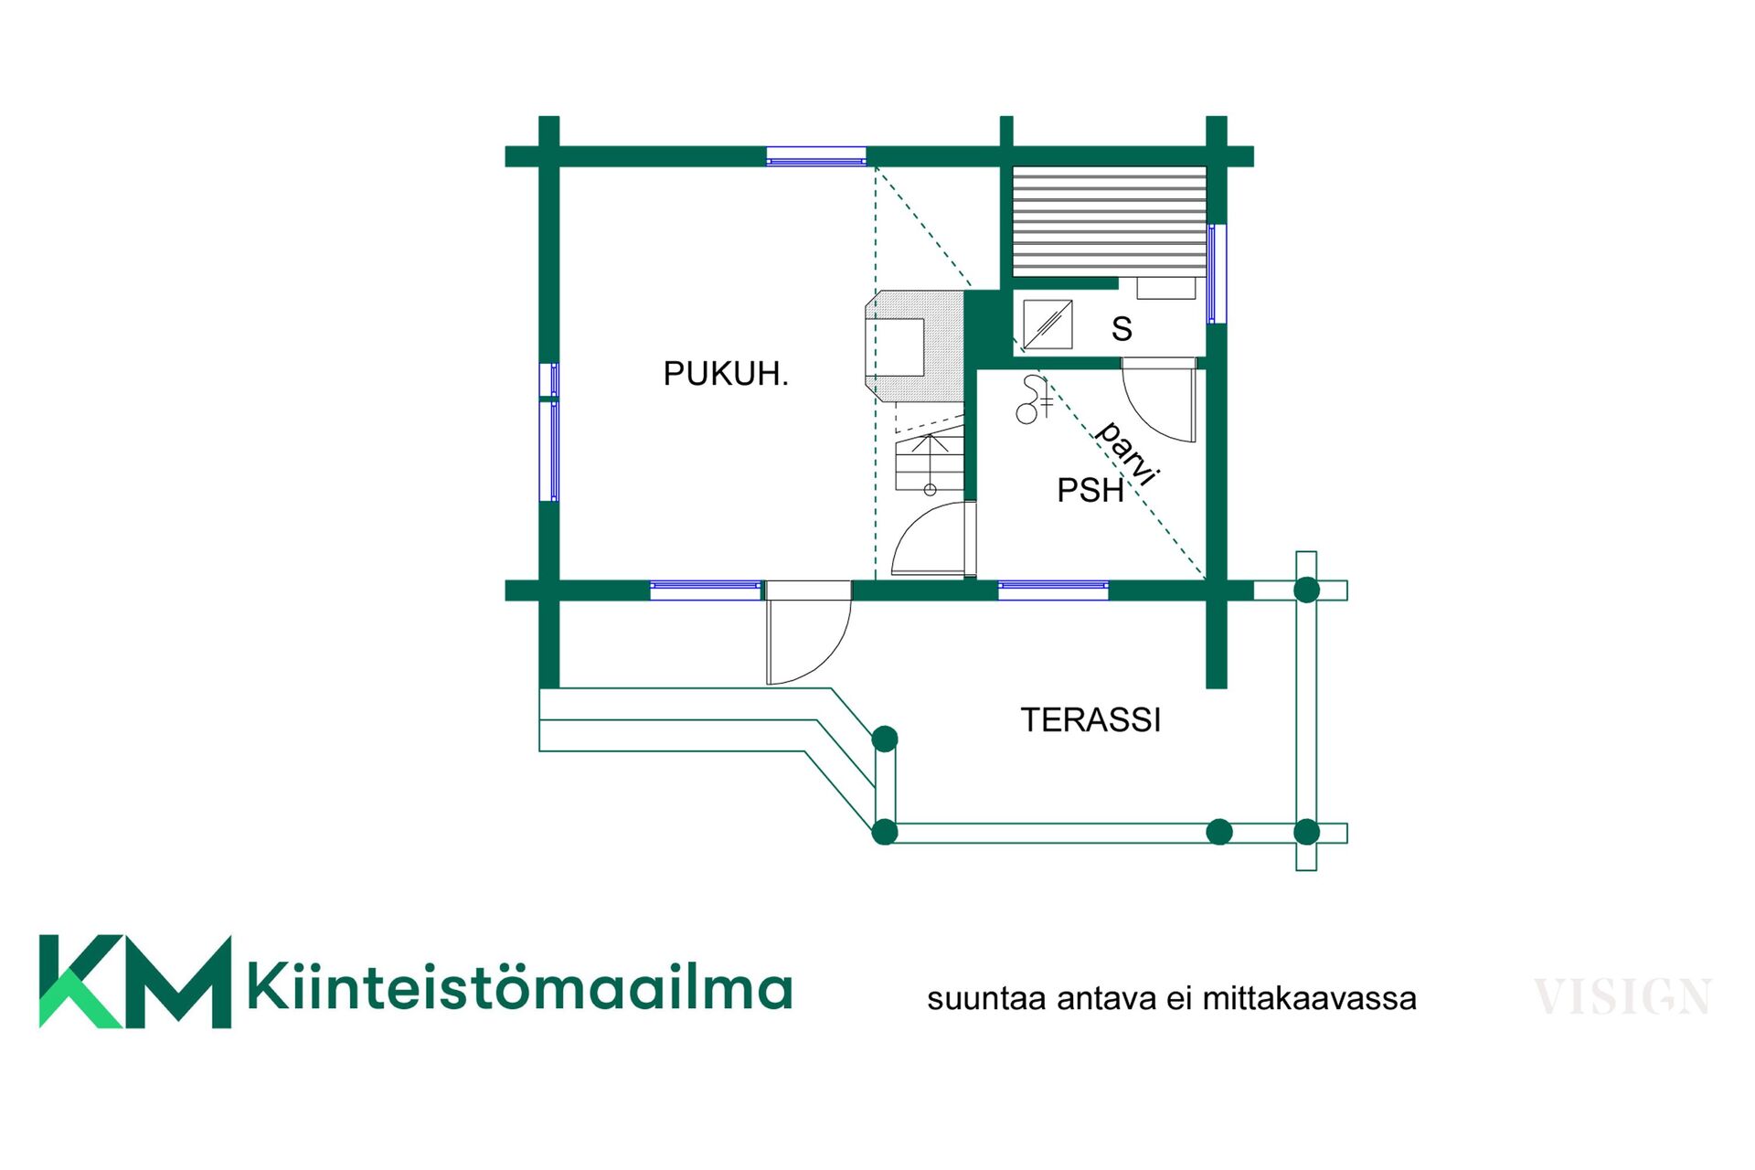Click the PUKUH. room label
click(726, 374)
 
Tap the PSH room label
click(1090, 491)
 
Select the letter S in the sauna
click(1122, 329)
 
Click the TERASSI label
click(1090, 720)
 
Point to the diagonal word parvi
click(1128, 453)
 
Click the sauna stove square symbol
click(1048, 324)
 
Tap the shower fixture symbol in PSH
click(1034, 399)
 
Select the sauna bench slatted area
click(1110, 221)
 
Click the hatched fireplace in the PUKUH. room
click(914, 346)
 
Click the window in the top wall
click(816, 156)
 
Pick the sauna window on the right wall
click(1217, 273)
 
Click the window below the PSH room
click(1053, 590)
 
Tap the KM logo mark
click(135, 982)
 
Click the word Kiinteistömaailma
click(519, 986)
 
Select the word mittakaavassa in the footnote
click(1309, 998)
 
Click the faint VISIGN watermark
click(1622, 996)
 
